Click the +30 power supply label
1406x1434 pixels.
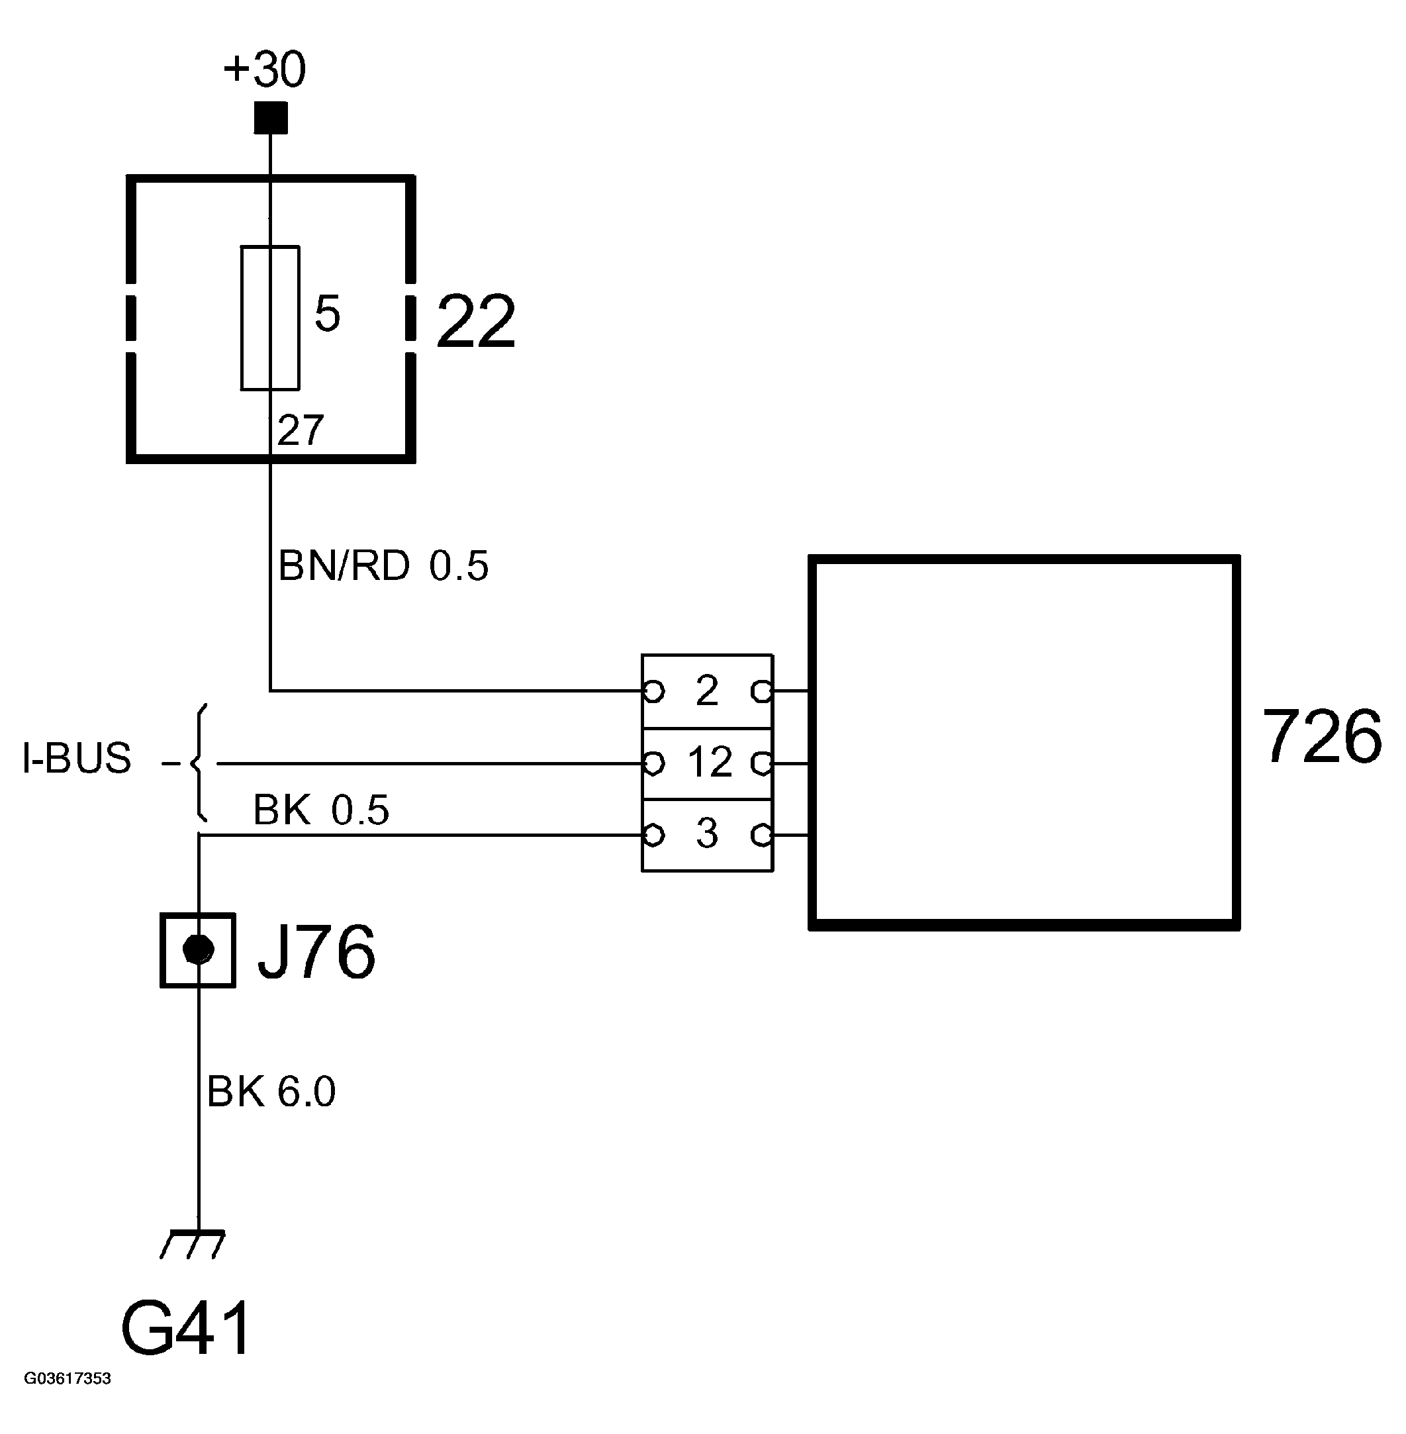pyautogui.click(x=263, y=70)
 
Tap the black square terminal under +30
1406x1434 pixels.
pyautogui.click(x=270, y=118)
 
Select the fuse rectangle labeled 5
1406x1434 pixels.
pyautogui.click(x=270, y=318)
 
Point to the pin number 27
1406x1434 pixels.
pyautogui.click(x=301, y=430)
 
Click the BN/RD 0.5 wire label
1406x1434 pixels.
pyautogui.click(x=383, y=566)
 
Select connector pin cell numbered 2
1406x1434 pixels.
pyautogui.click(x=707, y=691)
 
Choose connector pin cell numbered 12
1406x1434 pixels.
pyautogui.click(x=708, y=762)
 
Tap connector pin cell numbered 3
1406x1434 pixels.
pyautogui.click(x=707, y=834)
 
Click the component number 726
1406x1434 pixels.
pyautogui.click(x=1321, y=737)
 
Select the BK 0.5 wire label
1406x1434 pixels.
pyautogui.click(x=320, y=810)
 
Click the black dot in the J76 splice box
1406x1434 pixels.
pyautogui.click(x=198, y=949)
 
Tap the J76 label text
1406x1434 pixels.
pyautogui.click(x=316, y=953)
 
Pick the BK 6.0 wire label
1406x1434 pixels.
pyautogui.click(x=271, y=1091)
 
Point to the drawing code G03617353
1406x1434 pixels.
pyautogui.click(x=68, y=1378)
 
